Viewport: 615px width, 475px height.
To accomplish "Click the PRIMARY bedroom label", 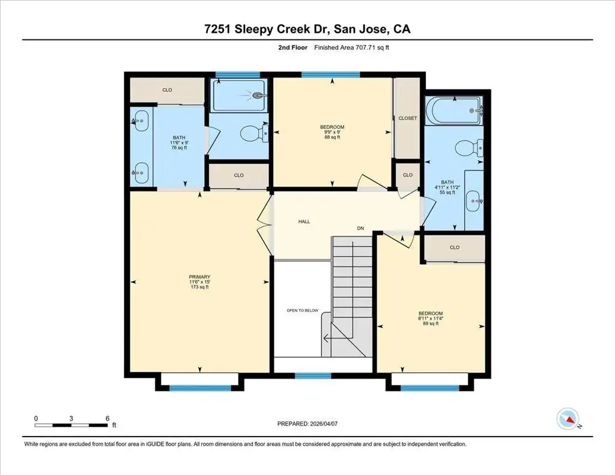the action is pyautogui.click(x=199, y=276).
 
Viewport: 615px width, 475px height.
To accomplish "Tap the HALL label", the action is pyautogui.click(x=304, y=222).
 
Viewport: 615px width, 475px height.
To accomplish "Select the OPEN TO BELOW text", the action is pyautogui.click(x=303, y=310).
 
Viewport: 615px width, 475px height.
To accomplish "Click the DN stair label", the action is pyautogui.click(x=360, y=228).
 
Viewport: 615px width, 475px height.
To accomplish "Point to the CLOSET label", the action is pyautogui.click(x=408, y=118).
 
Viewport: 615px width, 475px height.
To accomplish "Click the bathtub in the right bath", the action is pyautogui.click(x=454, y=110).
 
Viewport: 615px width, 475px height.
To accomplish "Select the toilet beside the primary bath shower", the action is pyautogui.click(x=253, y=133).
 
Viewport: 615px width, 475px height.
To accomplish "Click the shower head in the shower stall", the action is pyautogui.click(x=258, y=95).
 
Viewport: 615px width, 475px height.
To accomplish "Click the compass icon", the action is pyautogui.click(x=568, y=419).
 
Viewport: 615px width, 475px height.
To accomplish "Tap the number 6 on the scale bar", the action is pyautogui.click(x=108, y=419).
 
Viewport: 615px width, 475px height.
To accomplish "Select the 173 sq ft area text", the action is pyautogui.click(x=199, y=286).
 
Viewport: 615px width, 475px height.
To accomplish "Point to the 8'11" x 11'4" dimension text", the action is pyautogui.click(x=431, y=318).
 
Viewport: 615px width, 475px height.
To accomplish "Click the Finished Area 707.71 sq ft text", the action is pyautogui.click(x=351, y=47).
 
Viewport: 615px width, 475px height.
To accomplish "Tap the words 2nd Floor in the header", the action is pyautogui.click(x=293, y=47).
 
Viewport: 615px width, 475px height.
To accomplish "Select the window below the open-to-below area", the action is pyautogui.click(x=313, y=376).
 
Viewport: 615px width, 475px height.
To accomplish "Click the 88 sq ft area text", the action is pyautogui.click(x=332, y=138).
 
